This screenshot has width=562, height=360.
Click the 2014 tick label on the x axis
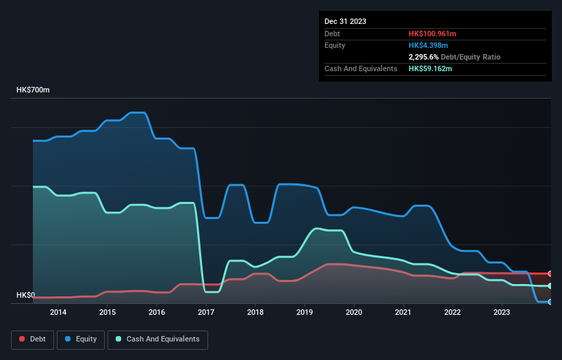58,313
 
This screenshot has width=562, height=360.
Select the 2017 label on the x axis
206,313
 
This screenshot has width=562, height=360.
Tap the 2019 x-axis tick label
305,313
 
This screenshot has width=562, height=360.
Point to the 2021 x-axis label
403,313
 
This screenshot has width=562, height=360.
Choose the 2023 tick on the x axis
502,313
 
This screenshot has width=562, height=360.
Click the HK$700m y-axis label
34,90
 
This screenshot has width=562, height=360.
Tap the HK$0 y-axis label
25,295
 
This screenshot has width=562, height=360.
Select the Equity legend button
81,339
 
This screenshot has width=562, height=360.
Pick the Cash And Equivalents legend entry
157,339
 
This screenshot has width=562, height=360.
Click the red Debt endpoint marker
550,273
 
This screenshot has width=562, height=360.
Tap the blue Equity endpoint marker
550,302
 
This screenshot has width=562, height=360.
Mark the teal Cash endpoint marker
550,285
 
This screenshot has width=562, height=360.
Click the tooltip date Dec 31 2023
345,21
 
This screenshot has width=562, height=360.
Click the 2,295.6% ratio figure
425,57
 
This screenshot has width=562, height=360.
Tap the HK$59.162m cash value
431,68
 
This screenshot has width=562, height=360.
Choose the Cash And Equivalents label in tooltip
361,68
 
